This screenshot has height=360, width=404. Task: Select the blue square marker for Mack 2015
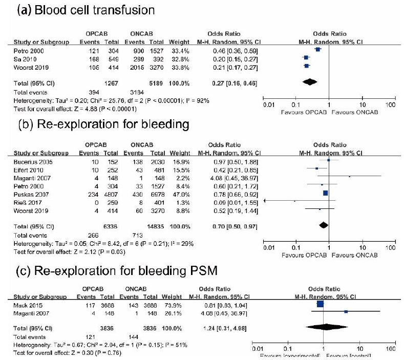[321, 304]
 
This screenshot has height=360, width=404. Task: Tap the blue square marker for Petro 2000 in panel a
[317, 50]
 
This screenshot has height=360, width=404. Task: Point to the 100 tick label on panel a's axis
[391, 104]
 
